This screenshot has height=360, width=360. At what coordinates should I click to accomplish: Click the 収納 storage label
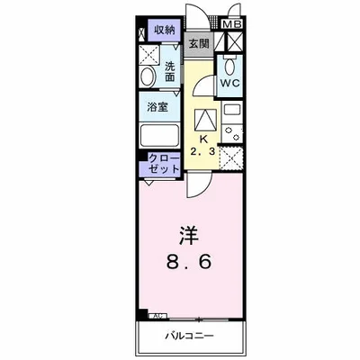[164, 30]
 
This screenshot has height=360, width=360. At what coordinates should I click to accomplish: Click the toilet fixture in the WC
[229, 66]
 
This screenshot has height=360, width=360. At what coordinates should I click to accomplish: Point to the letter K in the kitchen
[203, 139]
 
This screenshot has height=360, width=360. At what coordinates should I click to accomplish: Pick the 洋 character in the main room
[188, 237]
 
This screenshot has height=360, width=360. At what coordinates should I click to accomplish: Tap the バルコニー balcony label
[192, 339]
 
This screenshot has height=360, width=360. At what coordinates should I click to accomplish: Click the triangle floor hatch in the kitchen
[204, 120]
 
